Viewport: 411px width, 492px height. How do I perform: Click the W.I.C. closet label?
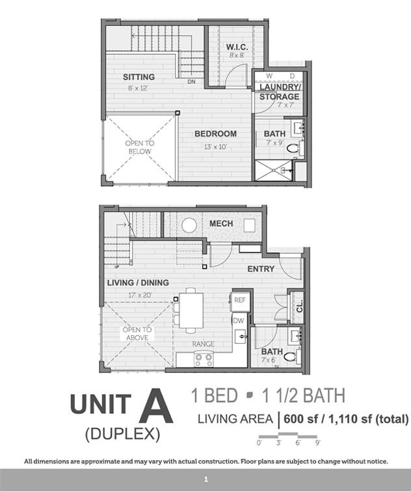pyautogui.click(x=237, y=47)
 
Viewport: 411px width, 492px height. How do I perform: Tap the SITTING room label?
pyautogui.click(x=139, y=77)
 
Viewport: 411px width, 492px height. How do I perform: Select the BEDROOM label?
pyautogui.click(x=215, y=133)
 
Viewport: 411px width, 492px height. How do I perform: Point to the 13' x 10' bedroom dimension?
pyautogui.click(x=215, y=146)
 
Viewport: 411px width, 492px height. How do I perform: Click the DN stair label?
pyautogui.click(x=191, y=81)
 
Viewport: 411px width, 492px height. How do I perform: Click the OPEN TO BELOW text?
pyautogui.click(x=140, y=147)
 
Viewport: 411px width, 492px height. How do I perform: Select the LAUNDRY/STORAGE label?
pyautogui.click(x=279, y=92)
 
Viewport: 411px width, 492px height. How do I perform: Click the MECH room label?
pyautogui.click(x=221, y=224)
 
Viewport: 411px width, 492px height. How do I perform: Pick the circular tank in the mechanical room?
pyautogui.click(x=189, y=225)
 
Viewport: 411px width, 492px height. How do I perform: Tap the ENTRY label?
pyautogui.click(x=261, y=269)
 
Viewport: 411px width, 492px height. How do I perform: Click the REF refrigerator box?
pyautogui.click(x=240, y=300)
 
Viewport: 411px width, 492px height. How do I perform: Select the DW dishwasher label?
pyautogui.click(x=239, y=320)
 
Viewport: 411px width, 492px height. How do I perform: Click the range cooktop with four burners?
pyautogui.click(x=204, y=359)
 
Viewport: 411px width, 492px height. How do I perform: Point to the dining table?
pyautogui.click(x=191, y=310)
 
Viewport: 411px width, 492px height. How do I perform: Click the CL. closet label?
pyautogui.click(x=299, y=307)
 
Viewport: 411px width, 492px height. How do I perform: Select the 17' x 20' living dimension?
pyautogui.click(x=140, y=295)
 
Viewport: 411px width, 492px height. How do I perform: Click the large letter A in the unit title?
pyautogui.click(x=156, y=406)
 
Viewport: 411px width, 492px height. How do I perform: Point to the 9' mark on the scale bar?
pyautogui.click(x=317, y=443)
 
